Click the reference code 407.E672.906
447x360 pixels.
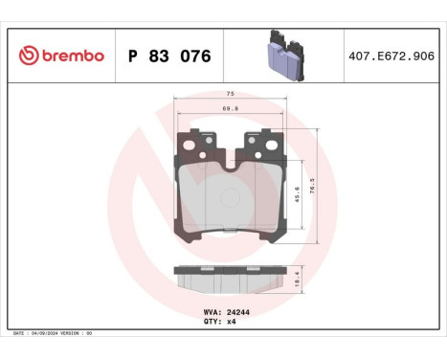[x=391, y=56]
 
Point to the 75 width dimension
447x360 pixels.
[x=230, y=95]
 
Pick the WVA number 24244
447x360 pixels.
[x=239, y=312]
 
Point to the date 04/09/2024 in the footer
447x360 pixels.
[x=48, y=332]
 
